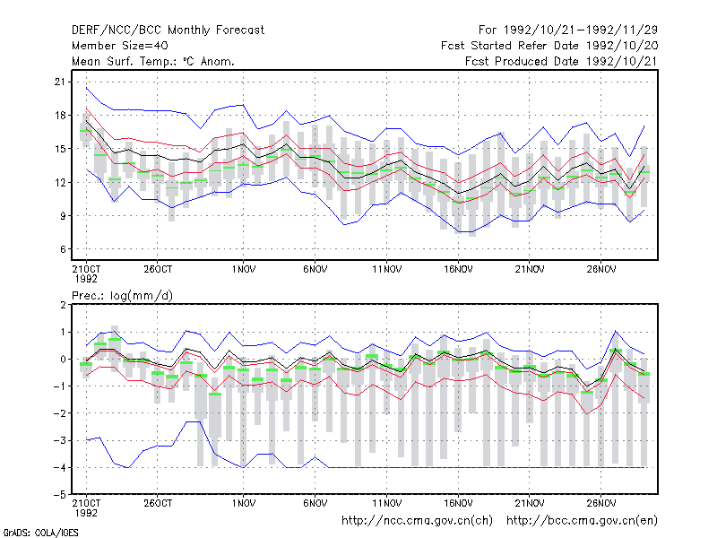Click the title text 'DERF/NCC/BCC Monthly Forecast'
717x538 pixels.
pyautogui.click(x=168, y=30)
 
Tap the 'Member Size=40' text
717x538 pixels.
pyautogui.click(x=120, y=46)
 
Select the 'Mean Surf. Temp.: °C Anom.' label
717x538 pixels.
pyautogui.click(x=153, y=61)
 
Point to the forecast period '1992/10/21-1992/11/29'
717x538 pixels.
pyautogui.click(x=580, y=30)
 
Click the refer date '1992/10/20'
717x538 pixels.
pyautogui.click(x=621, y=46)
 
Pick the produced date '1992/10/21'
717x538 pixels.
pyautogui.click(x=621, y=61)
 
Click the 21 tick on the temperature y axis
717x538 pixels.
pyautogui.click(x=60, y=82)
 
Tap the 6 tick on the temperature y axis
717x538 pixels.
pyautogui.click(x=63, y=249)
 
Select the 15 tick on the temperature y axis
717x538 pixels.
pyautogui.click(x=60, y=149)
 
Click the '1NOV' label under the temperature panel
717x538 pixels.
pyautogui.click(x=243, y=269)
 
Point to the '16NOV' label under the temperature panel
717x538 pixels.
pyautogui.click(x=458, y=269)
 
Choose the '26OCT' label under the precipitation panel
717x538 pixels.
pyautogui.click(x=158, y=503)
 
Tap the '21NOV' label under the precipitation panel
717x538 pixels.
pyautogui.click(x=530, y=503)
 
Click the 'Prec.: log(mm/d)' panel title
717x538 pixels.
pyautogui.click(x=122, y=296)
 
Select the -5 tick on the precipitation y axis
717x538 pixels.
pyautogui.click(x=60, y=495)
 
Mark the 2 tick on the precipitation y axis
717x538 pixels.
pyautogui.click(x=63, y=305)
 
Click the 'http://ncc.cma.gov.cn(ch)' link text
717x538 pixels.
pyautogui.click(x=417, y=521)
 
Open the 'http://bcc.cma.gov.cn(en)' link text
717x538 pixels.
pyautogui.click(x=582, y=521)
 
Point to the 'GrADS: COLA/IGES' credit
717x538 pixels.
pyautogui.click(x=40, y=533)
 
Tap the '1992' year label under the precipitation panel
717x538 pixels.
pyautogui.click(x=86, y=513)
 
